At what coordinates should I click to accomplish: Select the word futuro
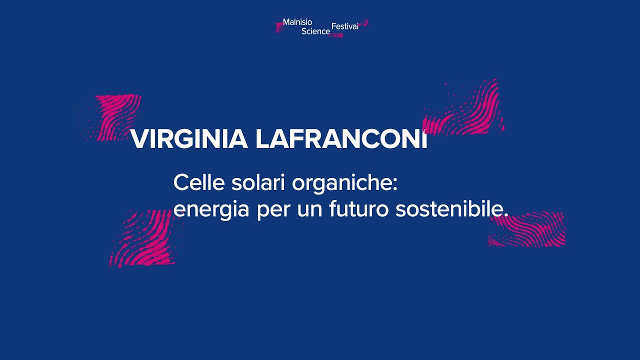point(358,209)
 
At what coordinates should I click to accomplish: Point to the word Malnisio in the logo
point(297,22)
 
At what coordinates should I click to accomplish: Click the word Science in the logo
point(315,31)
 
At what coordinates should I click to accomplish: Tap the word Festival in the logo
point(345,26)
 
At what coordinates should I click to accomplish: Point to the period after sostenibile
point(505,215)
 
